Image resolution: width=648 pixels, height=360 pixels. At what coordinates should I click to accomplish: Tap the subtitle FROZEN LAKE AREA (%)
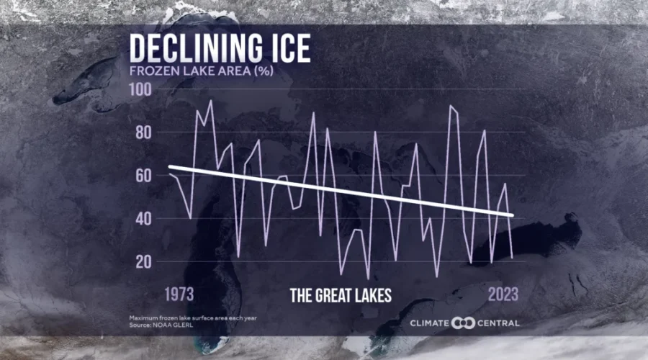[189, 71]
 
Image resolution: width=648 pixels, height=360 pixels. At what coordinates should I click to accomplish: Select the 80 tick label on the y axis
[143, 132]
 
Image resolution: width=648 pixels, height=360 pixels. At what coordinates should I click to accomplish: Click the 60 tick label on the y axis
[143, 176]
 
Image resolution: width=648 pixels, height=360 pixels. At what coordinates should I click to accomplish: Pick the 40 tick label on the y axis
[143, 218]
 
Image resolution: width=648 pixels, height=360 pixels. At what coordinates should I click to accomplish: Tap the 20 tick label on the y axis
[143, 261]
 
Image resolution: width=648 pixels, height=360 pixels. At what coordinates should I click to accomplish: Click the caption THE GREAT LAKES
[341, 295]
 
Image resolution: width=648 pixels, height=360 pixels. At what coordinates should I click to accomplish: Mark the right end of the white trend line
[513, 215]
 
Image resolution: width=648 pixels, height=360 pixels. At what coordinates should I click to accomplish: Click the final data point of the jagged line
[512, 257]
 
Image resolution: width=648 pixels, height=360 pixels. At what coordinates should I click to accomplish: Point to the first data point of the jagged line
[168, 174]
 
